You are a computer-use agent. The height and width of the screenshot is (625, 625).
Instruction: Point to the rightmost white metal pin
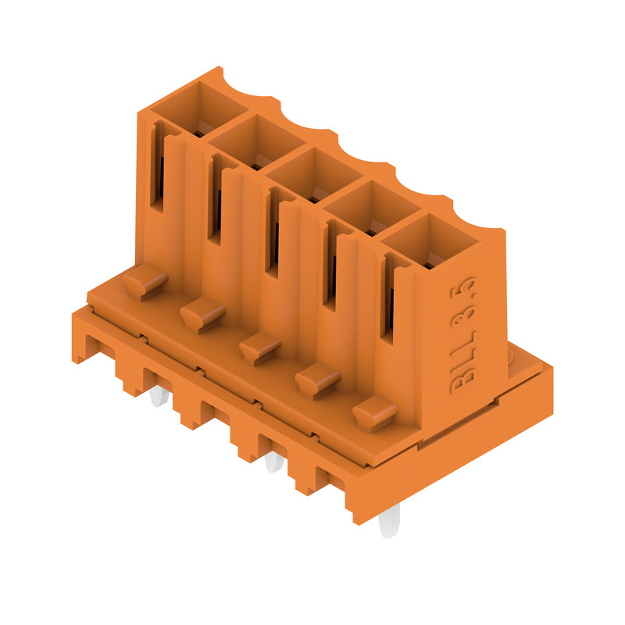click(388, 520)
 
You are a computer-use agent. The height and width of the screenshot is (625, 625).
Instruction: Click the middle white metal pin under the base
click(274, 462)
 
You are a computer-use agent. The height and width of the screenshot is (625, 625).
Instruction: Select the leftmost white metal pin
click(159, 396)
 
